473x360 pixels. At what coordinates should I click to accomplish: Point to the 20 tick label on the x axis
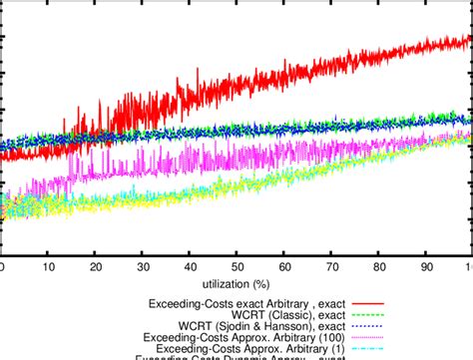coord(96,269)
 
